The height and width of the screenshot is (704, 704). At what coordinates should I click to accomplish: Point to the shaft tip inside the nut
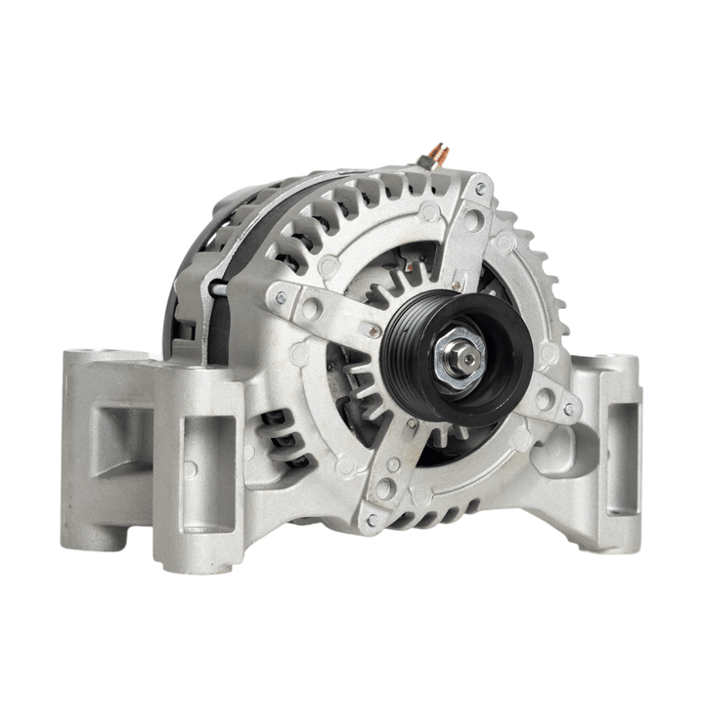click(x=466, y=361)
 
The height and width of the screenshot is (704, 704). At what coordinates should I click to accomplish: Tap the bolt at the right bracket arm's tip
click(x=568, y=410)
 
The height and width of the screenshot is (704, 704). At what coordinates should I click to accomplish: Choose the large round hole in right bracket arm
click(x=543, y=399)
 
